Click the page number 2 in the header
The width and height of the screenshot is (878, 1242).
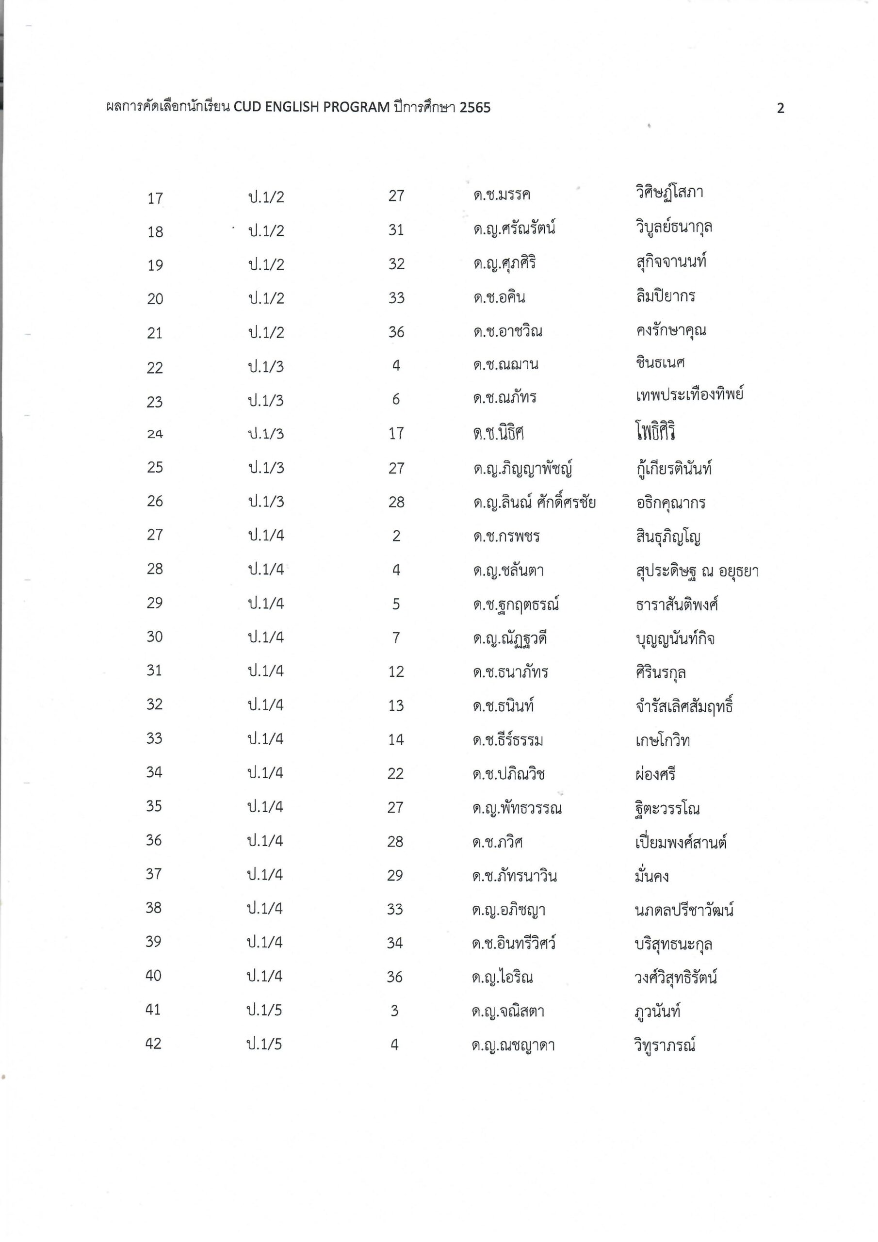click(x=780, y=109)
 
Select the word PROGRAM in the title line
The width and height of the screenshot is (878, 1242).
click(x=357, y=108)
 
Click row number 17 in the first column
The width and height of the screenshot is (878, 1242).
click(x=155, y=198)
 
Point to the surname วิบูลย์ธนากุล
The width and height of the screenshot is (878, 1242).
click(x=673, y=227)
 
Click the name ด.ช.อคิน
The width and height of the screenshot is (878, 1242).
click(x=499, y=297)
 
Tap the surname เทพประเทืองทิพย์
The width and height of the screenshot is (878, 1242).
click(x=689, y=395)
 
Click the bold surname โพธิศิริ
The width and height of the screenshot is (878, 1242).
click(x=656, y=432)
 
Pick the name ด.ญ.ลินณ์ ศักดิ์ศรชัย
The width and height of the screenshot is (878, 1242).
click(x=534, y=503)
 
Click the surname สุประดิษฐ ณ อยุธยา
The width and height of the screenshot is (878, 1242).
click(x=697, y=571)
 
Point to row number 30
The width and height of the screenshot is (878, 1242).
click(x=155, y=637)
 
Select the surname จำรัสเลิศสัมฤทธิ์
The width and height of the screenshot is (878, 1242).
click(x=684, y=706)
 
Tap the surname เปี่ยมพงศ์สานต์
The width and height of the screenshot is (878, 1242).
click(x=681, y=842)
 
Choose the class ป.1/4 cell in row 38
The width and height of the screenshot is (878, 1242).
click(x=265, y=909)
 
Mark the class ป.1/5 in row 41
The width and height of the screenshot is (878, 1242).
click(x=264, y=1011)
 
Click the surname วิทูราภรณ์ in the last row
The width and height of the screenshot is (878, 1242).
click(x=665, y=1045)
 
